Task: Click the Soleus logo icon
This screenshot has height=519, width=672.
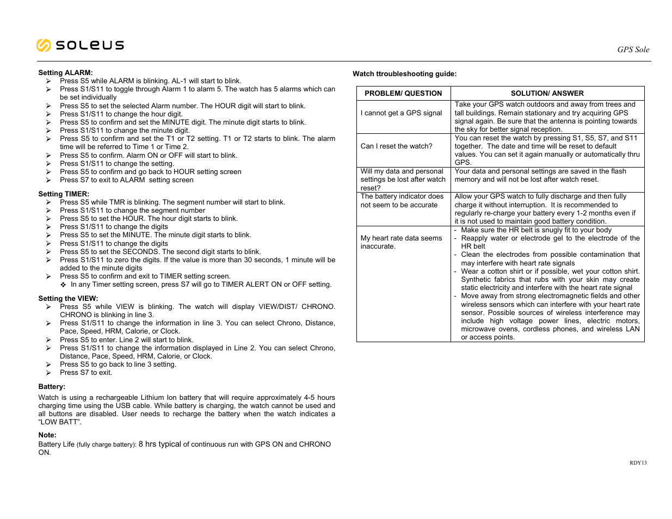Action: (44, 45)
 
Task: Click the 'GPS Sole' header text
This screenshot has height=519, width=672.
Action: (633, 50)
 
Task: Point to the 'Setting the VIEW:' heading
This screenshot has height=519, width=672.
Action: (68, 299)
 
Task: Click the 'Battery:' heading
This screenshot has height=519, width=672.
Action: (52, 387)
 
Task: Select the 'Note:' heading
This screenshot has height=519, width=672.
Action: (47, 435)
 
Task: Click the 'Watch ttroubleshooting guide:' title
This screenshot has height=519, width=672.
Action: (404, 74)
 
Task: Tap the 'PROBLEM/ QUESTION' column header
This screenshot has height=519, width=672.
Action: (403, 94)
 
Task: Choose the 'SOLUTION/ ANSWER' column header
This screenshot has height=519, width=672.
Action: (547, 94)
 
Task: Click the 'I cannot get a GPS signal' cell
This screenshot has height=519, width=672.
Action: (401, 113)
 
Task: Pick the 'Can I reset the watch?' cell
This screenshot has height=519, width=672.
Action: (396, 146)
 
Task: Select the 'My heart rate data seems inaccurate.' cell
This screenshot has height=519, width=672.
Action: (401, 242)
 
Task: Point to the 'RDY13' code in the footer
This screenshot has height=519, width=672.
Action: (638, 463)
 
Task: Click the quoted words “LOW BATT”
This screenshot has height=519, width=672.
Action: (60, 422)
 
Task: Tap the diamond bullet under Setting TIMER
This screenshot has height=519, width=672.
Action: (63, 285)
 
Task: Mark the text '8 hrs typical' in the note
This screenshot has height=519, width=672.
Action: (159, 444)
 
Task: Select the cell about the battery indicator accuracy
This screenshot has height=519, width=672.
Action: (402, 201)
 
